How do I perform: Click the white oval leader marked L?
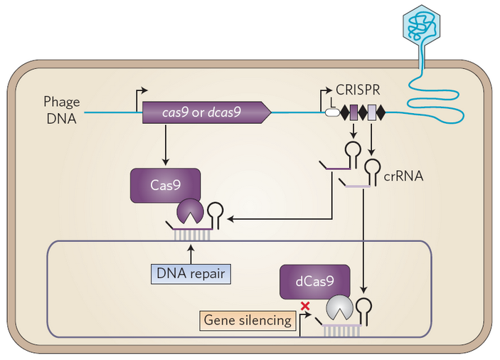click(332, 112)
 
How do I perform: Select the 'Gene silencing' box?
click(248, 320)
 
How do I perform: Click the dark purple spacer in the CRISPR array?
click(353, 112)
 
